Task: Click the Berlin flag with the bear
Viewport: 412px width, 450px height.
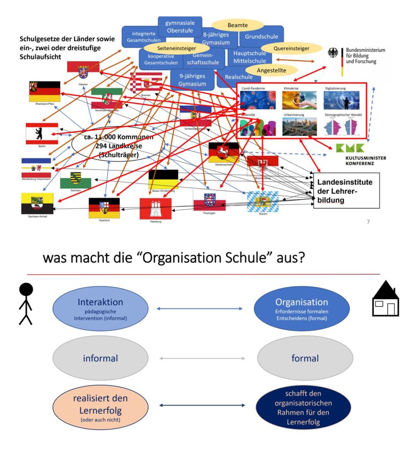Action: [42, 134]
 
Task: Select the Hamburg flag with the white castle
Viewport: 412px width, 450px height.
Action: [155, 208]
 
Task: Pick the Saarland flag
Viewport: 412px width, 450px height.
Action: [104, 207]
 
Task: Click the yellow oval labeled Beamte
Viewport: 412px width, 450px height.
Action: [237, 25]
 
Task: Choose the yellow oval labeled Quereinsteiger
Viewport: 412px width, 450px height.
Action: [285, 48]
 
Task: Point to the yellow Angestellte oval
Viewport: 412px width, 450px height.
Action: [271, 70]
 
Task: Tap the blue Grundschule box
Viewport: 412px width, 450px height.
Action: [261, 36]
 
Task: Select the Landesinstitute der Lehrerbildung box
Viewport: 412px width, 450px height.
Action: [346, 191]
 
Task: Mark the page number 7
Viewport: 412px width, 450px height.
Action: [368, 222]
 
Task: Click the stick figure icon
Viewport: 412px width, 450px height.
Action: [26, 303]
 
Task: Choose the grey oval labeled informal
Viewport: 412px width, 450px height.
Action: [100, 358]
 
